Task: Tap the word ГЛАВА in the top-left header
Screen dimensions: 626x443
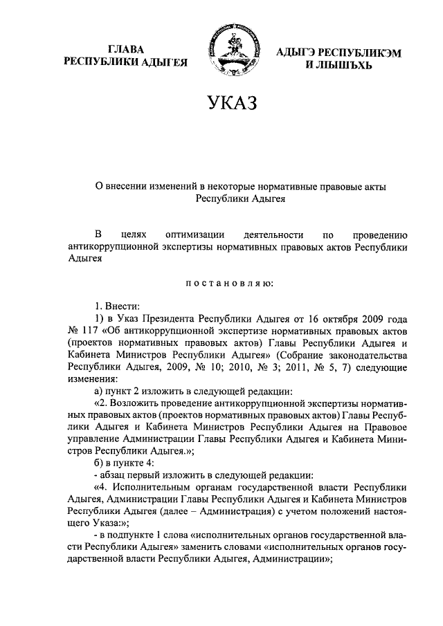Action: click(x=127, y=50)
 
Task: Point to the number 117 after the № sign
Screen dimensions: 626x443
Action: click(x=91, y=331)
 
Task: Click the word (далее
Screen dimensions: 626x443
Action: click(x=197, y=515)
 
